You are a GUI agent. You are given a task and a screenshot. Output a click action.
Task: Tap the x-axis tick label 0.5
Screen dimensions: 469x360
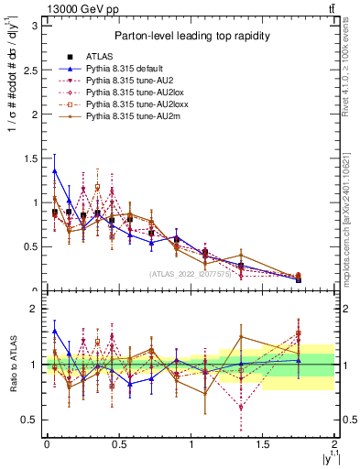coord(118,443)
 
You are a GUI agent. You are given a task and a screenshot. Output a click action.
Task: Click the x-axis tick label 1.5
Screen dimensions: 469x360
coord(263,443)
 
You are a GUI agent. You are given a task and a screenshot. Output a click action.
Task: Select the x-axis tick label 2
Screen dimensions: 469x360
coord(335,443)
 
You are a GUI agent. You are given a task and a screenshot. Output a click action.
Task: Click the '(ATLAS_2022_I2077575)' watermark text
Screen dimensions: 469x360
coord(191,274)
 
